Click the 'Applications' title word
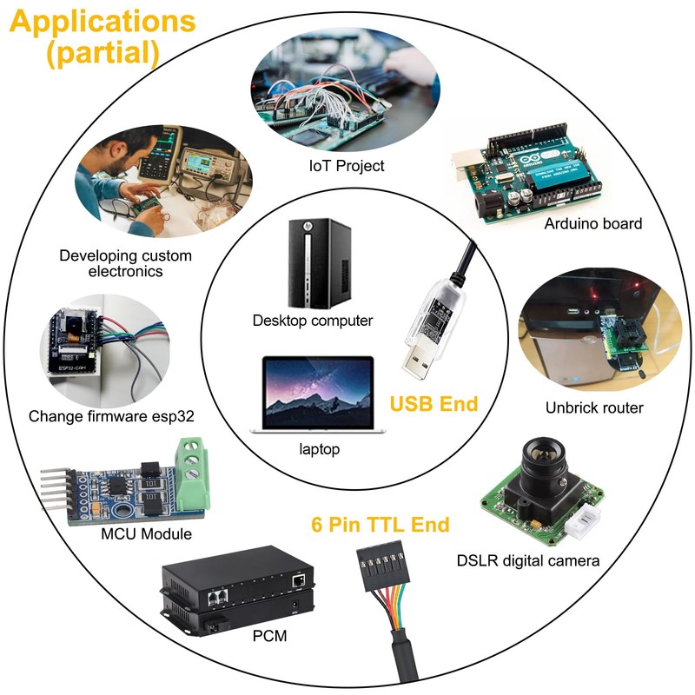[103, 22]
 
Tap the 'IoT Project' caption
[346, 166]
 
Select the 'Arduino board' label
[593, 223]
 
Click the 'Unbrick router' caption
[594, 407]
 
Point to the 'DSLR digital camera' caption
[528, 561]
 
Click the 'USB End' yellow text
[434, 404]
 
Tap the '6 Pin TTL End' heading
[381, 525]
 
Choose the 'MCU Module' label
[146, 533]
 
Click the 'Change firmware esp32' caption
[111, 416]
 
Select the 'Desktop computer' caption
[313, 321]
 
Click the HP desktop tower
[320, 264]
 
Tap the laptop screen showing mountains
[318, 393]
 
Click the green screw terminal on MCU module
[192, 474]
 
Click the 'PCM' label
[269, 636]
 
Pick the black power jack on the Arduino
[486, 205]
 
